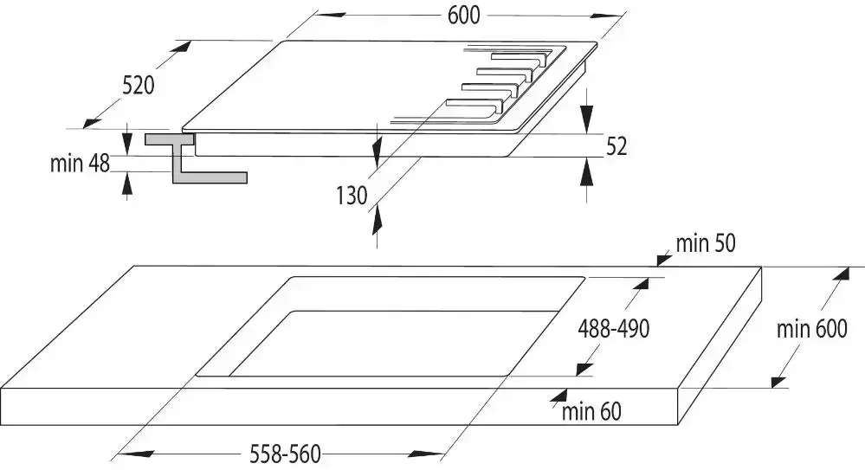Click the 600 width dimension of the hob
coord(463,16)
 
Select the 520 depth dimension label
coord(139,86)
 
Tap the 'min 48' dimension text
coord(80,164)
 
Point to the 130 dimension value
coord(352,196)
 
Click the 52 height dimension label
coord(616,146)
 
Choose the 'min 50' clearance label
coord(706,243)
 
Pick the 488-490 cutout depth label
coord(613,329)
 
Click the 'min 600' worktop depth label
coord(811,329)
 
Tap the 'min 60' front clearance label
coord(591,411)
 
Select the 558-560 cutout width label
coord(285,454)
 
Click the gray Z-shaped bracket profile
coord(188,158)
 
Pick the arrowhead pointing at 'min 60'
coord(558,396)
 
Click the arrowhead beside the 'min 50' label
coord(663,258)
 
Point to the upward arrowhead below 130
coord(378,221)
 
